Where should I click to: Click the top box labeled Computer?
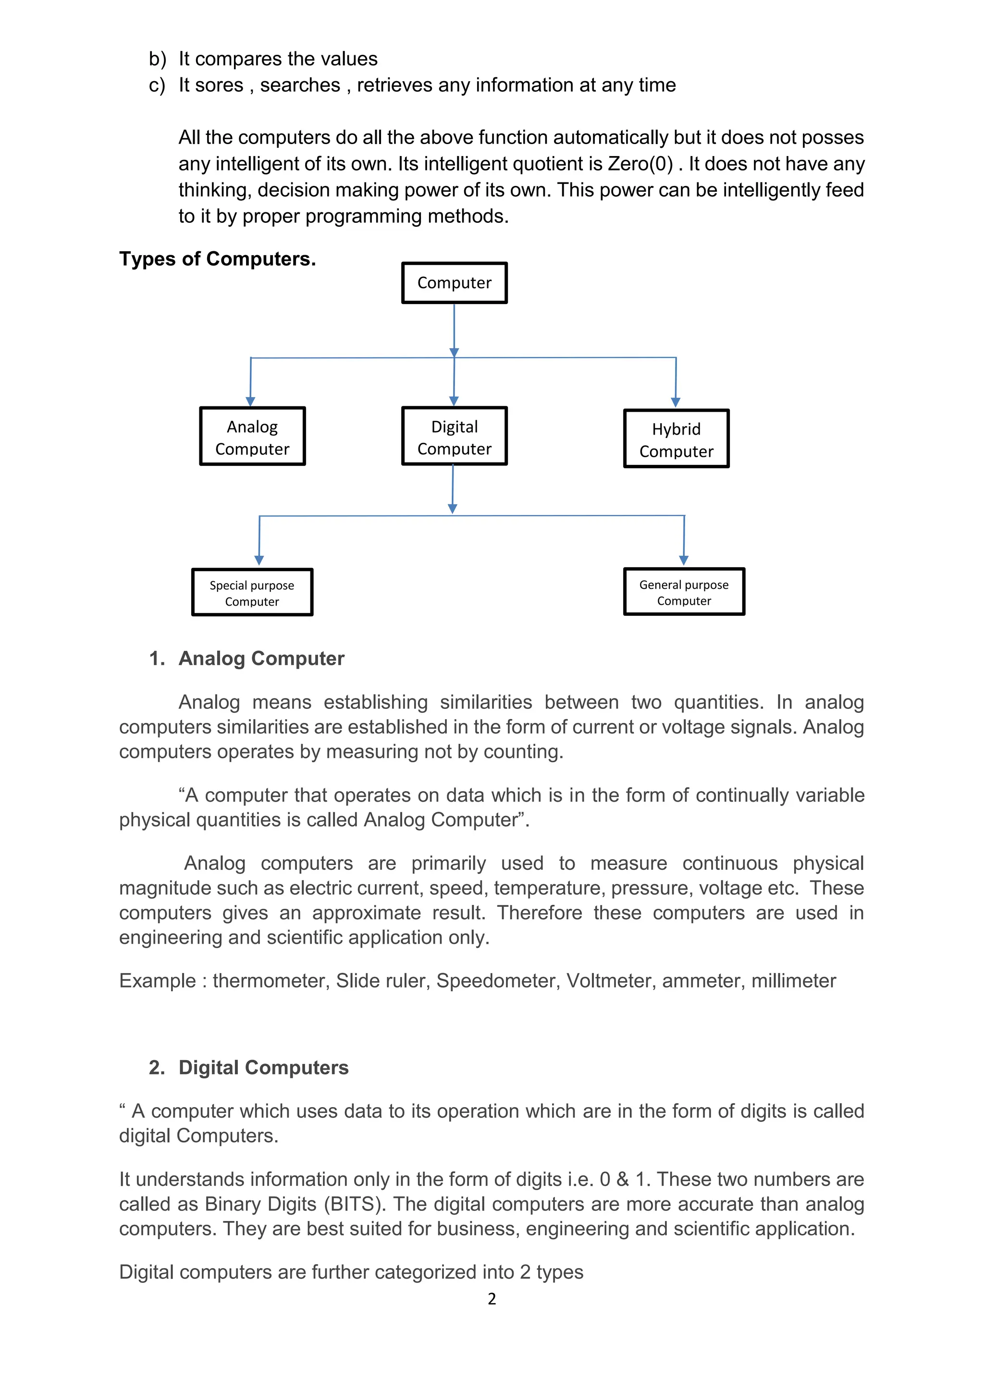point(455,283)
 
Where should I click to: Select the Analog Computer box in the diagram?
point(252,437)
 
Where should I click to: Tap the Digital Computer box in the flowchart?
point(455,437)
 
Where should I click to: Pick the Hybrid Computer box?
point(676,439)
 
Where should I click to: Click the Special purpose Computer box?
point(252,593)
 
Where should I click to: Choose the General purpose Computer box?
point(684,592)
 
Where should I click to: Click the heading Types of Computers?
point(218,259)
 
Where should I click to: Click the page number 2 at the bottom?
point(492,1299)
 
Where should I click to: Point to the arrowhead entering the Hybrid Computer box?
point(676,403)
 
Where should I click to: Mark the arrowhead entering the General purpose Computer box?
point(684,561)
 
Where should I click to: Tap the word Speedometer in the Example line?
point(498,981)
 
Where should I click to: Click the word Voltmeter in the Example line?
point(611,981)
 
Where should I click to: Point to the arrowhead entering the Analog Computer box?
point(250,402)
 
